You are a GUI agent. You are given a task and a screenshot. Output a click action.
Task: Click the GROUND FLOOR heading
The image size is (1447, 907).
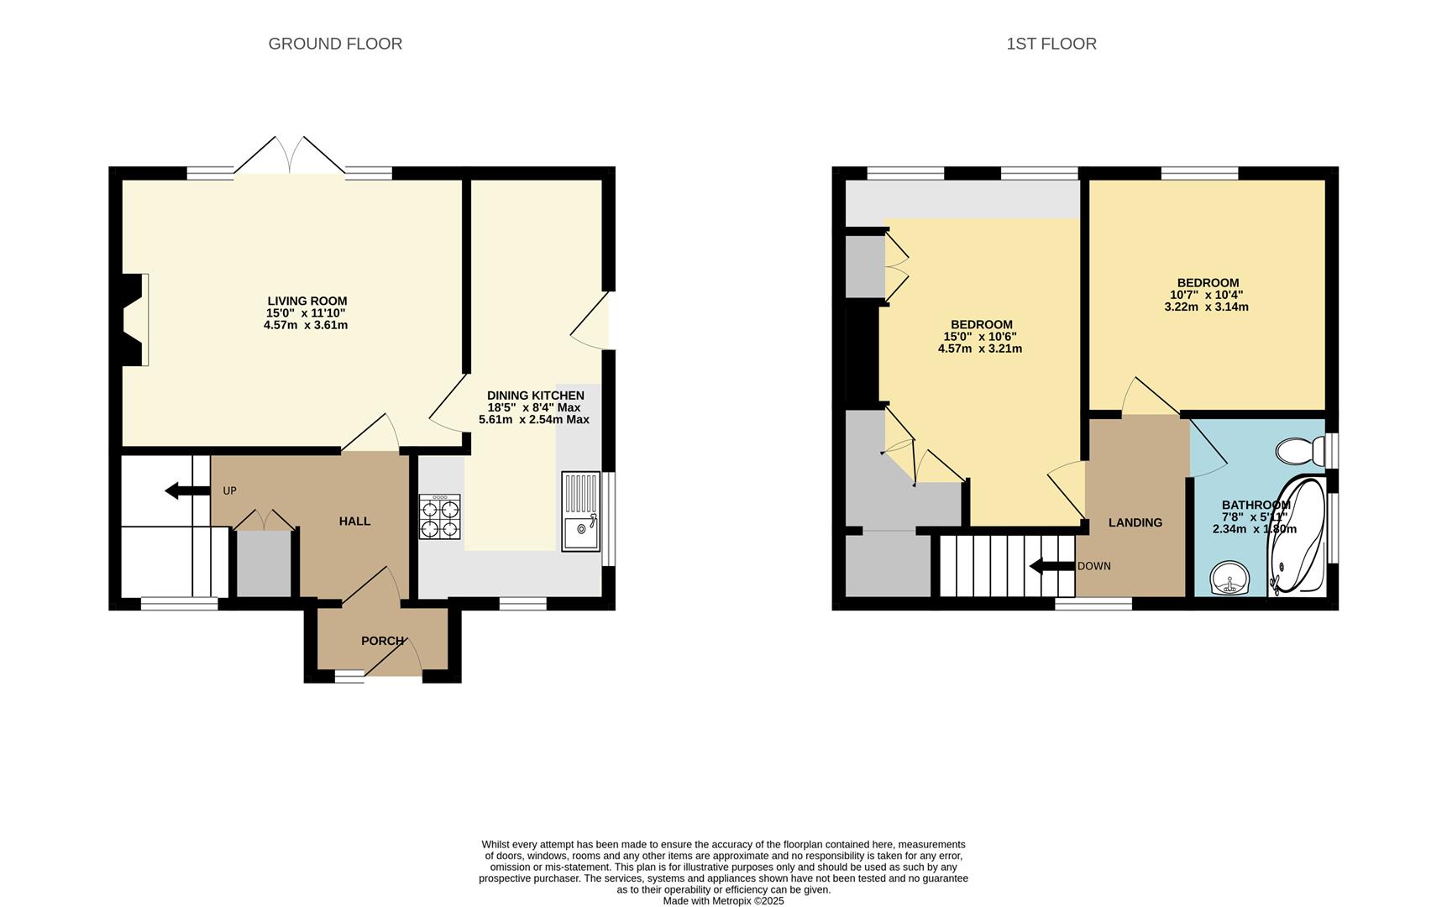pyautogui.click(x=335, y=44)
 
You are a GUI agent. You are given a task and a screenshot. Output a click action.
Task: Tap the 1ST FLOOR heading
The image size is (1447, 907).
pyautogui.click(x=1051, y=44)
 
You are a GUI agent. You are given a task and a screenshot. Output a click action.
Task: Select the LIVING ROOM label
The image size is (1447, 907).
pyautogui.click(x=307, y=301)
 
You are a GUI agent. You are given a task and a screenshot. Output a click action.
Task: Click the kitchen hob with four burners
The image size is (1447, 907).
pyautogui.click(x=440, y=516)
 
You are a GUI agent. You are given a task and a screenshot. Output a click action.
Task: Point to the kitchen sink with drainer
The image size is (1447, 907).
pyautogui.click(x=581, y=511)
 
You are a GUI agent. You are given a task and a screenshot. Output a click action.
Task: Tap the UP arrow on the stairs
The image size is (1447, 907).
pyautogui.click(x=186, y=490)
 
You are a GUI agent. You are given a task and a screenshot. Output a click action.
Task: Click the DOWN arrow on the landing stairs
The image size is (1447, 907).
pyautogui.click(x=1052, y=566)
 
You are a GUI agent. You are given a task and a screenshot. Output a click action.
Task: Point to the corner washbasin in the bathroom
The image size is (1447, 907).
pyautogui.click(x=1230, y=579)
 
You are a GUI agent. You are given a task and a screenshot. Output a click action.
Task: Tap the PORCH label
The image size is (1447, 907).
pyautogui.click(x=383, y=641)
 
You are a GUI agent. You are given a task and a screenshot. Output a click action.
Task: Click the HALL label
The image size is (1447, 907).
pyautogui.click(x=354, y=522)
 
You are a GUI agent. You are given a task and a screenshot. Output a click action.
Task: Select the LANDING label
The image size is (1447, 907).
pyautogui.click(x=1135, y=522)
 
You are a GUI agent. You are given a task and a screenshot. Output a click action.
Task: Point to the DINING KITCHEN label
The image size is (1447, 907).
pyautogui.click(x=536, y=396)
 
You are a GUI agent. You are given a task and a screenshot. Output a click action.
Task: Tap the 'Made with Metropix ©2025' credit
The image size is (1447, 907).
pyautogui.click(x=724, y=901)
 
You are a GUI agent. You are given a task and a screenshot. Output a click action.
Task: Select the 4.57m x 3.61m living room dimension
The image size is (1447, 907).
pyautogui.click(x=306, y=324)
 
